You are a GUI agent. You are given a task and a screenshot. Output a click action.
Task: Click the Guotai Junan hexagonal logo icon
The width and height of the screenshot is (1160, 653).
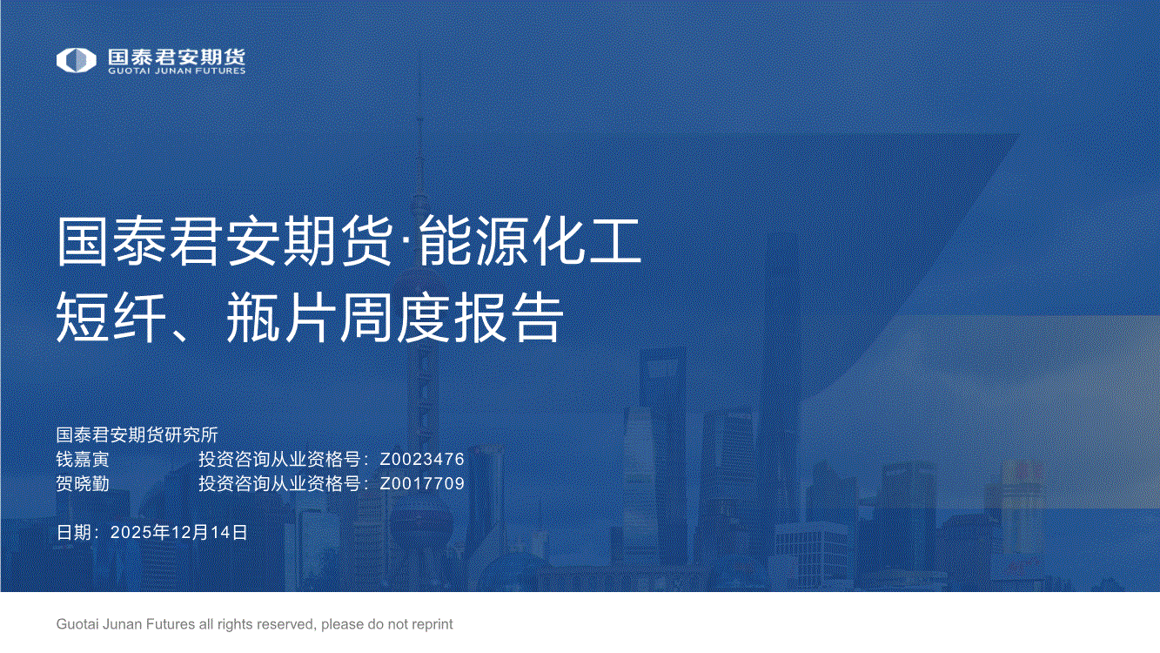(x=76, y=60)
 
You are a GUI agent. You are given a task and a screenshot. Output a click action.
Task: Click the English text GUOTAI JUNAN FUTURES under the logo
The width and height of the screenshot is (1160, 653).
(x=177, y=71)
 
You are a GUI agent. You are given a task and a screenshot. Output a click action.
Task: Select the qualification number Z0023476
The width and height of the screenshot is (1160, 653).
(x=422, y=459)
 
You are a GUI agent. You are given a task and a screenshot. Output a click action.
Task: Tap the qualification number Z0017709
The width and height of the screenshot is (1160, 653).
(x=422, y=483)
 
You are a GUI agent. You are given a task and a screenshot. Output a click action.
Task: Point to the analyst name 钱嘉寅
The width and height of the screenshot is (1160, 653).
(x=83, y=459)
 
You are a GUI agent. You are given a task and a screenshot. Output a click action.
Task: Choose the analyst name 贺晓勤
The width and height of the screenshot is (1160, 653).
(x=83, y=483)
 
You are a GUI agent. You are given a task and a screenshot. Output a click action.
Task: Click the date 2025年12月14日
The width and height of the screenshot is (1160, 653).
(x=179, y=532)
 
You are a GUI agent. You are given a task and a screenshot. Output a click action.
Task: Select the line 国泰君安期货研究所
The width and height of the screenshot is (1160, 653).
(x=137, y=434)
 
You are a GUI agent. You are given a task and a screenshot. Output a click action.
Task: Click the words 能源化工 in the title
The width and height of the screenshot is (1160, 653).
(x=530, y=241)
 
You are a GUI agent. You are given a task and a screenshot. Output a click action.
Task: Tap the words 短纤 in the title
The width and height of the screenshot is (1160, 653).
(x=111, y=316)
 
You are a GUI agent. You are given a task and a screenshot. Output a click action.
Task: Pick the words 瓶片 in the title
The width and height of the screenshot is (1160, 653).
(x=278, y=316)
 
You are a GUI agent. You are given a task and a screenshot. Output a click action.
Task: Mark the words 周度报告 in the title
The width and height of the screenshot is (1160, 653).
(x=451, y=316)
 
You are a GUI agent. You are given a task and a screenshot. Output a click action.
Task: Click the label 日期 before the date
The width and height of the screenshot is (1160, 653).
(x=74, y=532)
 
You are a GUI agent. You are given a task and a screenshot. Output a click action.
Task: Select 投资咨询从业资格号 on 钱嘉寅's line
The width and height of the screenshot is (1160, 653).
(x=279, y=459)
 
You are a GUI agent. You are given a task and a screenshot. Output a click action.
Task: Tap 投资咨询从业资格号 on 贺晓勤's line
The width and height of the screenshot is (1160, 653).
(x=279, y=483)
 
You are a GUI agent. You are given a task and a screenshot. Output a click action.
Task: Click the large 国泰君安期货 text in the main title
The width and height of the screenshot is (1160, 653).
(x=225, y=241)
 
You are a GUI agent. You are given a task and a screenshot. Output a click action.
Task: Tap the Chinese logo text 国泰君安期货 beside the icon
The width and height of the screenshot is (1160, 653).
(x=177, y=57)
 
